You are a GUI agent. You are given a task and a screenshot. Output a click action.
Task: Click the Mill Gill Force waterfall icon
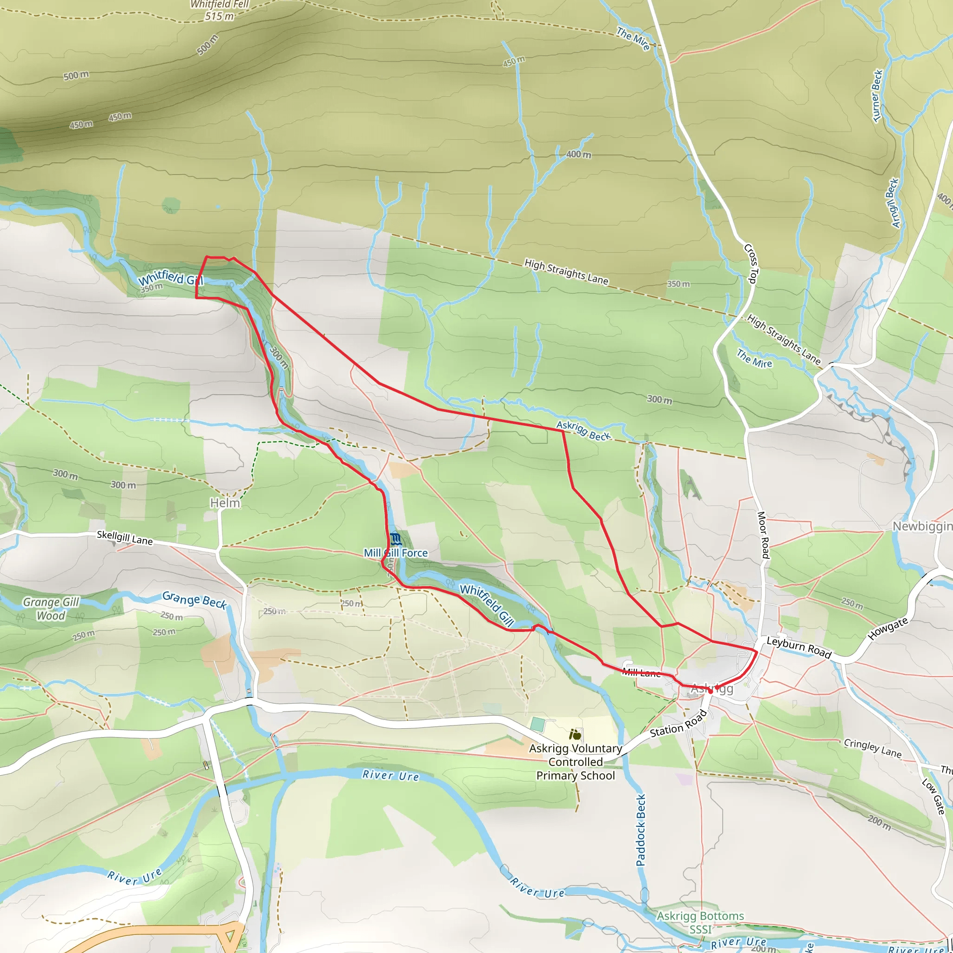(395, 539)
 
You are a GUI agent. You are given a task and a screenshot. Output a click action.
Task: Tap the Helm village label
(225, 503)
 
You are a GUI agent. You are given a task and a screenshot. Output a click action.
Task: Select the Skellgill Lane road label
(124, 537)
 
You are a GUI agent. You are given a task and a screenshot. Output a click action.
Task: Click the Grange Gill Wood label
(51, 609)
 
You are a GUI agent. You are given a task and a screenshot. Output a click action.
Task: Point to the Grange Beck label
(195, 600)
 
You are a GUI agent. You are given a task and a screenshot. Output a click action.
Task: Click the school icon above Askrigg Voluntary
(575, 735)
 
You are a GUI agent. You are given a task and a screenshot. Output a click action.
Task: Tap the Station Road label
(678, 724)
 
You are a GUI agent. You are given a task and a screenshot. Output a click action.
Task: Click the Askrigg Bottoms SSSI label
(700, 922)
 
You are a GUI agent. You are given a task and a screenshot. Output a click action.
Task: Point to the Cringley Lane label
(872, 748)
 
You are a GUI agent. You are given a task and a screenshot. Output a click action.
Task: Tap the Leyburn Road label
(799, 647)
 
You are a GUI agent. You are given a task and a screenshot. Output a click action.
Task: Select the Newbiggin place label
(921, 526)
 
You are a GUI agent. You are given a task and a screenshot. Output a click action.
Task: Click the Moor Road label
(763, 535)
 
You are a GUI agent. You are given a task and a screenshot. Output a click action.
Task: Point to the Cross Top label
(750, 263)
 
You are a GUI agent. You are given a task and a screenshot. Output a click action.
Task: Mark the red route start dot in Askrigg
(710, 691)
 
